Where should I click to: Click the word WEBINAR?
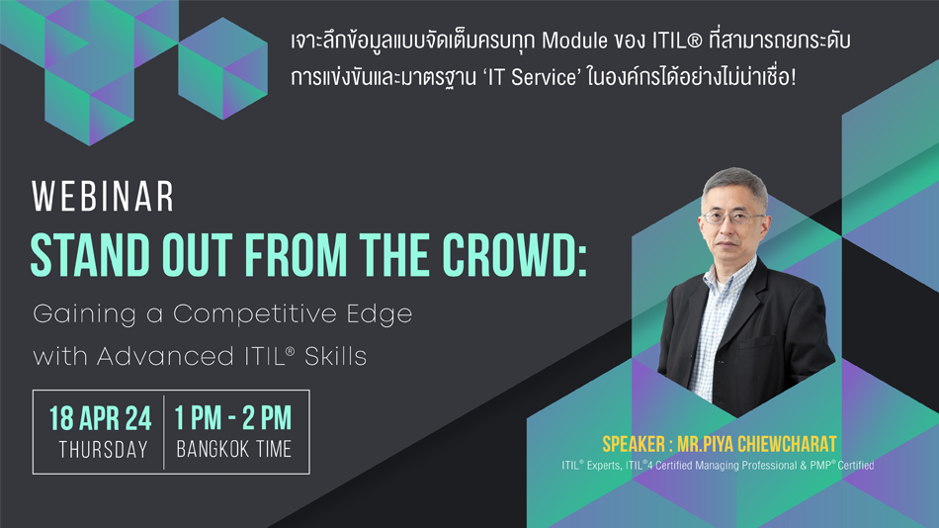(103, 196)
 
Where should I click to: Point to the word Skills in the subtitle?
(335, 357)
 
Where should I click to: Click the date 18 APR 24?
(101, 418)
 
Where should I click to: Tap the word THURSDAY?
(103, 450)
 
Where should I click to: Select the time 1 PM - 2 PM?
(233, 418)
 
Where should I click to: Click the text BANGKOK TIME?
(233, 450)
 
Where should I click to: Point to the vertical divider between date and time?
(163, 432)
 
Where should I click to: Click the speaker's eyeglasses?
(733, 218)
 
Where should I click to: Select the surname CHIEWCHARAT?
(787, 444)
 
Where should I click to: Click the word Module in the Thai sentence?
(574, 41)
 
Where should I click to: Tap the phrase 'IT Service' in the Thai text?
(530, 77)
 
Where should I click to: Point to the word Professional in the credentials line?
(768, 465)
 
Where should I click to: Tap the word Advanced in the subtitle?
(165, 357)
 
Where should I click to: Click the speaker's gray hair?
(734, 183)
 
